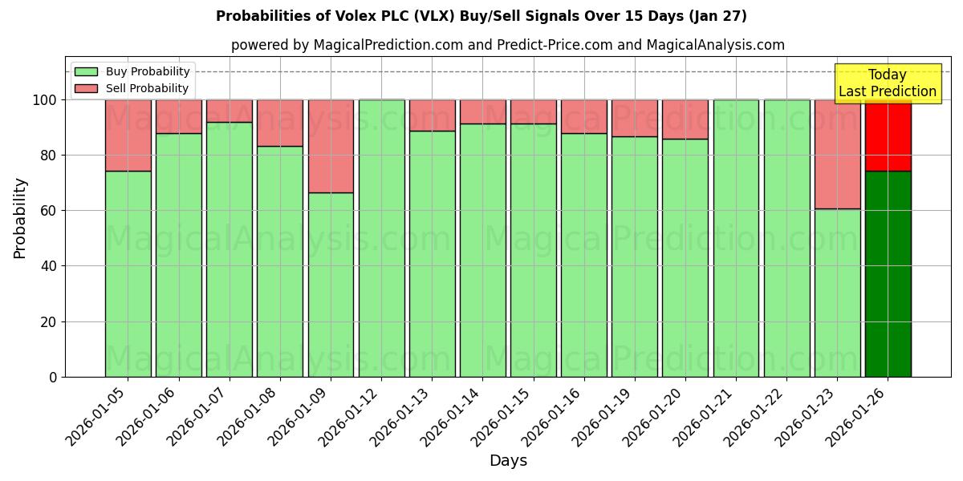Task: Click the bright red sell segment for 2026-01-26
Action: point(888,135)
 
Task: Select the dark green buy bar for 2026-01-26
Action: point(888,273)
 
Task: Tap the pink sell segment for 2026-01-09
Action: point(331,146)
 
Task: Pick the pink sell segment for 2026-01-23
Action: point(837,154)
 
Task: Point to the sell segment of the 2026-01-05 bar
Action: point(128,135)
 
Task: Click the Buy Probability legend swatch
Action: point(86,72)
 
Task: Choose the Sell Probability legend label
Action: point(147,89)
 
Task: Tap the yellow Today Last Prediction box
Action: point(887,83)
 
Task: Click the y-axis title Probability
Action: point(20,218)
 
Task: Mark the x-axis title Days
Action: point(508,461)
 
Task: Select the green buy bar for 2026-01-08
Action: point(280,261)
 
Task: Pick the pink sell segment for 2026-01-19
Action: point(635,118)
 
